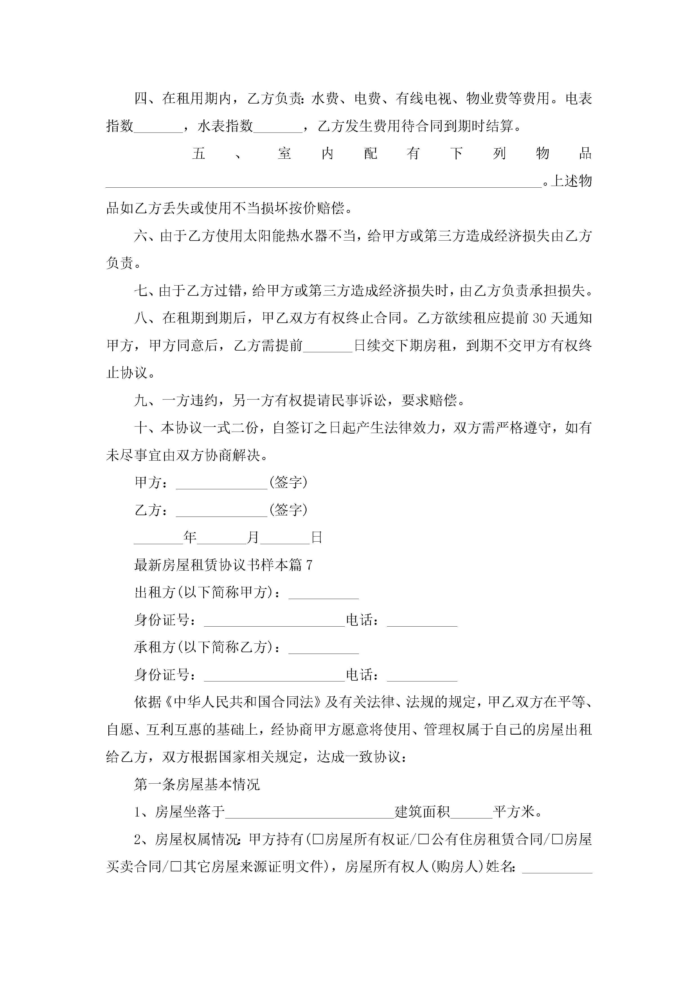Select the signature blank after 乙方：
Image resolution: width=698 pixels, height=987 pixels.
click(222, 512)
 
